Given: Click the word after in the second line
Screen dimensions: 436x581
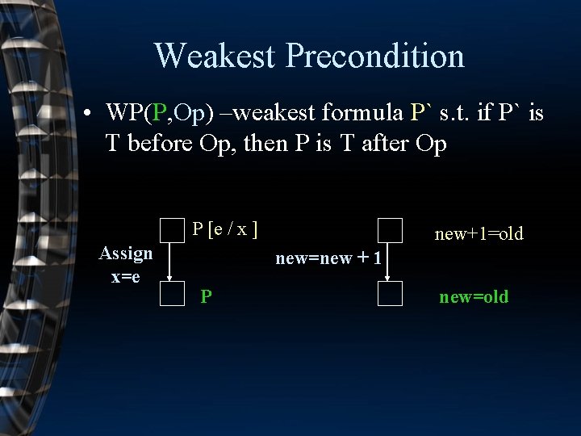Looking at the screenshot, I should [x=387, y=145].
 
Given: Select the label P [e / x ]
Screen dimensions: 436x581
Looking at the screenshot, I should [x=225, y=230].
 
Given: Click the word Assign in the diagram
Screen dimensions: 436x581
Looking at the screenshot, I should [x=126, y=254].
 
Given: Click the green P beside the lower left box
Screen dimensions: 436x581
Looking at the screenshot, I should [x=207, y=296].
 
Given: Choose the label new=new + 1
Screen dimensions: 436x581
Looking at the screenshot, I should [x=328, y=258].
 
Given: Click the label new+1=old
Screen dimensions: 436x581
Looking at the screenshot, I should [x=479, y=234].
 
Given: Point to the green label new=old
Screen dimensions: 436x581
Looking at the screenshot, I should [x=474, y=296].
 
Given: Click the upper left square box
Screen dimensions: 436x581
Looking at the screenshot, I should [x=172, y=231].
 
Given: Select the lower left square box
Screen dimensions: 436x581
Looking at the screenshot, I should [x=172, y=293].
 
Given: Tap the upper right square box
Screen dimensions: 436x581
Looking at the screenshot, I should [x=390, y=231].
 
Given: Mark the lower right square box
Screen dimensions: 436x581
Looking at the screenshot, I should [x=390, y=293].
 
